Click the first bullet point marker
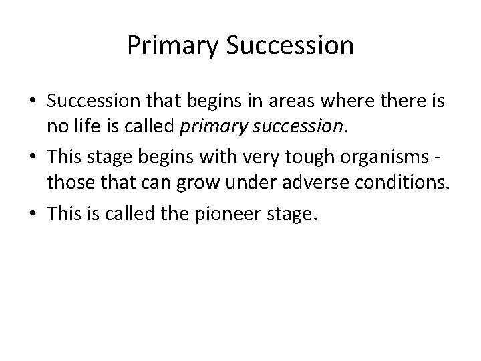tap(33, 102)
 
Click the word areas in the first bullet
tap(289, 102)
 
